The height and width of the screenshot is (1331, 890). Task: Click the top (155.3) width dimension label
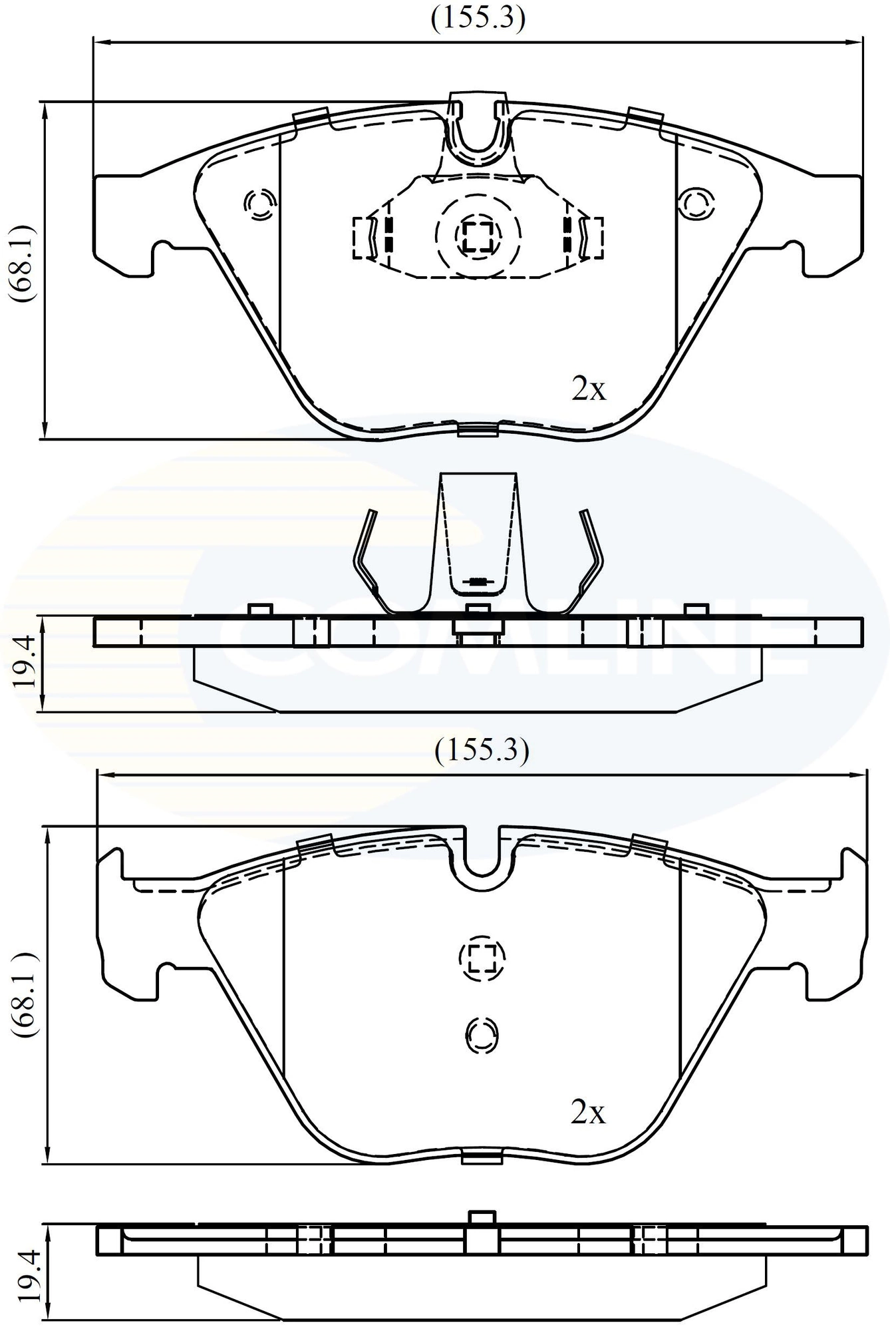pyautogui.click(x=478, y=19)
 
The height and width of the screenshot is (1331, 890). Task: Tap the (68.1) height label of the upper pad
pyautogui.click(x=25, y=264)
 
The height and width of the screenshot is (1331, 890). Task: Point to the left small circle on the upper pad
pyautogui.click(x=259, y=202)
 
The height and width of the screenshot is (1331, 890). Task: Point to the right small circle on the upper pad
pyautogui.click(x=696, y=202)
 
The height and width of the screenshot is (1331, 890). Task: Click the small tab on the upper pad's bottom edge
pyautogui.click(x=478, y=431)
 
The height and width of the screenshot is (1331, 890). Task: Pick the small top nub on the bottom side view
pyautogui.click(x=482, y=1216)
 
